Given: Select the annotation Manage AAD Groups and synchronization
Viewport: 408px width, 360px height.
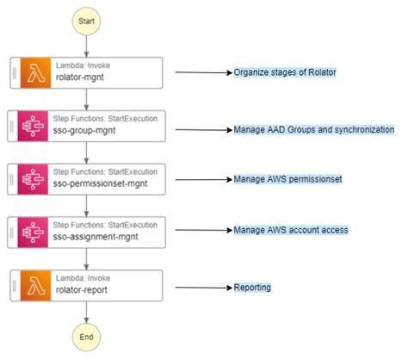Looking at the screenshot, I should click(x=313, y=130).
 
